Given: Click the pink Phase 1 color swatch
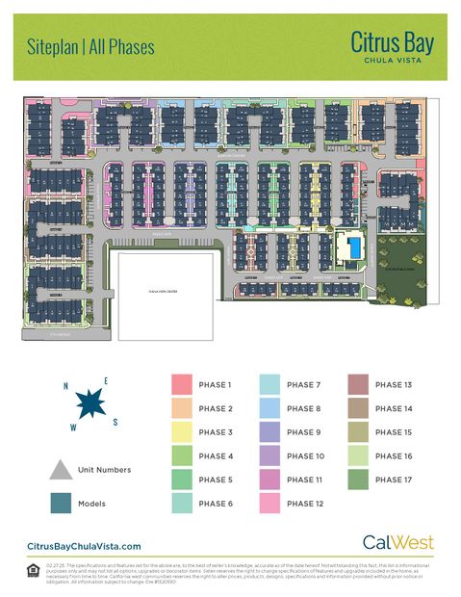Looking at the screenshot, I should coord(182,385).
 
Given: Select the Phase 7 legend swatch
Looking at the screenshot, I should coord(270,385).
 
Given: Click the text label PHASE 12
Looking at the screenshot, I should coord(305,503).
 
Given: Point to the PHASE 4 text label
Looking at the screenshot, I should coord(215,455).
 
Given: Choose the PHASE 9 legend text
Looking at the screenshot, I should coord(303,432).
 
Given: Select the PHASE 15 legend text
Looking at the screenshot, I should coord(394,432).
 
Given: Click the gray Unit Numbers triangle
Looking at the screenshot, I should coord(60,469).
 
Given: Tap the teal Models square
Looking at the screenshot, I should coord(60,502).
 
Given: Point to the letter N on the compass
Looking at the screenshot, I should coord(65,387).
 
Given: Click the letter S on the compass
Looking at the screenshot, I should coord(115,421).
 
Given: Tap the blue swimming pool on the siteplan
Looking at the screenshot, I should coord(354,248).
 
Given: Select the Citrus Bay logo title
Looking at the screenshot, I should coord(392,45).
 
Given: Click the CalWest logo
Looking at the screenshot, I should coord(397,543).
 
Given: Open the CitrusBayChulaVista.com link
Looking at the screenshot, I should coord(84,546).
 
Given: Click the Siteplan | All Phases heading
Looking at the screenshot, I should coord(90,46).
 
